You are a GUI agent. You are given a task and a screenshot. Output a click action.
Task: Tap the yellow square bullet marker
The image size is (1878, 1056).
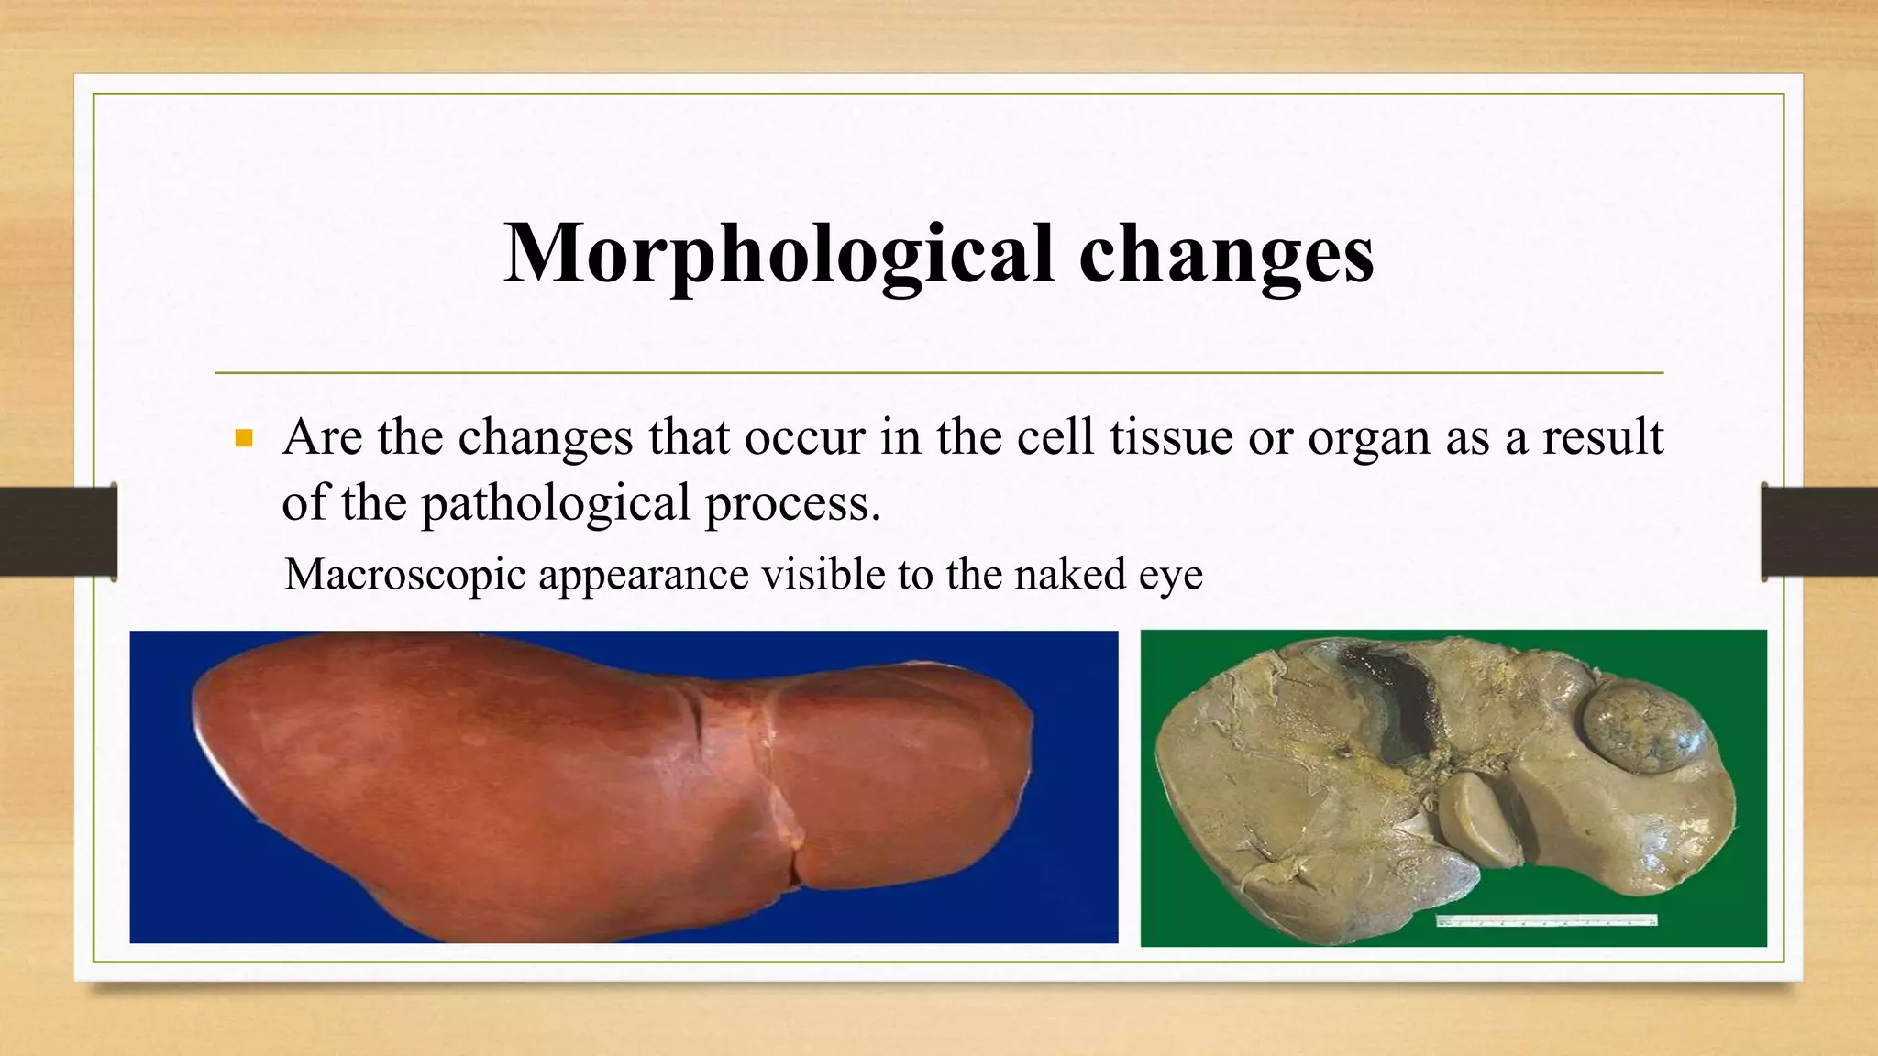click(x=243, y=439)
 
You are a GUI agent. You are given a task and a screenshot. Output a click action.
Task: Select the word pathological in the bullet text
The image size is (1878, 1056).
click(x=556, y=503)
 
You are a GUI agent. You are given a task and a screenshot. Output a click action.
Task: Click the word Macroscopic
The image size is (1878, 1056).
click(x=404, y=576)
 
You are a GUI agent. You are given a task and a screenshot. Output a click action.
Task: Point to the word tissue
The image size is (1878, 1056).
click(x=1171, y=437)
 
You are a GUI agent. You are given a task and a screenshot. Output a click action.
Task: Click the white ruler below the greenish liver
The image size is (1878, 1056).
click(x=1545, y=919)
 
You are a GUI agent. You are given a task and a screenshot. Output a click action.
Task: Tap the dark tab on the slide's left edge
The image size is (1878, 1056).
click(x=58, y=532)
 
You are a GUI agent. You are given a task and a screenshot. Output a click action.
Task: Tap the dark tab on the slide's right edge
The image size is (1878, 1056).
click(x=1819, y=532)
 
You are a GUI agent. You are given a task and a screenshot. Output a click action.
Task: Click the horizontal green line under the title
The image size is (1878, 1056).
click(x=939, y=373)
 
